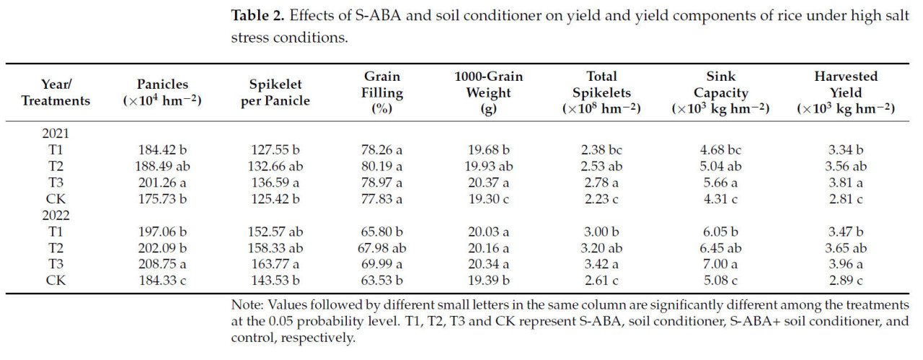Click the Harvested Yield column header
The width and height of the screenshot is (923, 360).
846,92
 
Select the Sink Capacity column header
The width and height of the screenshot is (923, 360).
720,92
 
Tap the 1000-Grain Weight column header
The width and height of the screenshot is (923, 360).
488,92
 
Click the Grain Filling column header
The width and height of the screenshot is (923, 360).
382,92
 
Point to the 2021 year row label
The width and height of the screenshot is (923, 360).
56,135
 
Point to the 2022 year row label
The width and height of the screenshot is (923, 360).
56,214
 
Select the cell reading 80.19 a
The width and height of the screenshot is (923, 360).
382,166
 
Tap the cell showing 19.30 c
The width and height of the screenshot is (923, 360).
488,198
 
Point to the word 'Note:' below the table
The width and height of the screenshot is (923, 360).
245,305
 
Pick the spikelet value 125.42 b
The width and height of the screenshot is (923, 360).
275,198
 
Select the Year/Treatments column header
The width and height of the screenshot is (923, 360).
56,92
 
